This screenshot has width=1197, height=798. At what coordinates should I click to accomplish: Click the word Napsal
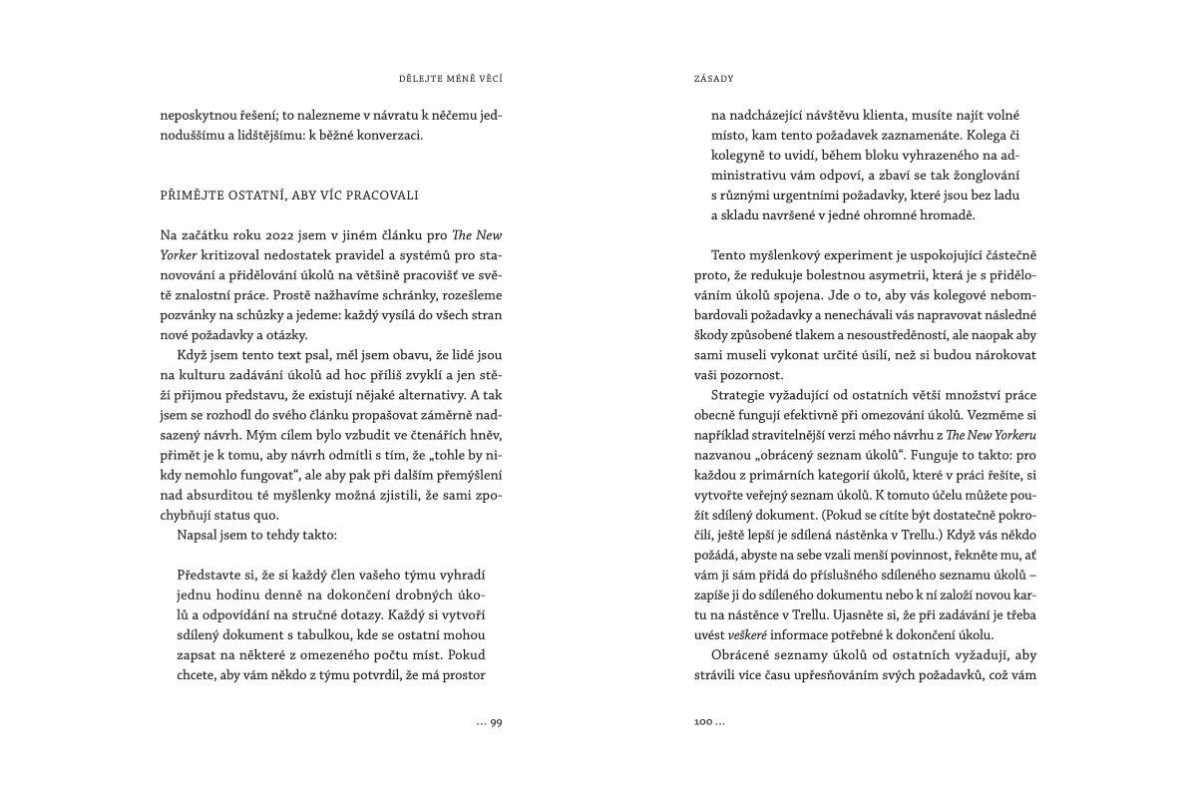pyautogui.click(x=198, y=535)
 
